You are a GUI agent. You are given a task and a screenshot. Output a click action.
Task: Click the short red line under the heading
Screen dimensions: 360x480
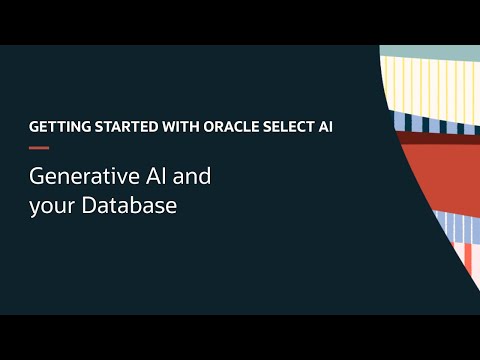pyautogui.click(x=39, y=147)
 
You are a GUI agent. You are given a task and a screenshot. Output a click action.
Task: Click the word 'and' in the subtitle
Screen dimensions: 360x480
pyautogui.click(x=193, y=177)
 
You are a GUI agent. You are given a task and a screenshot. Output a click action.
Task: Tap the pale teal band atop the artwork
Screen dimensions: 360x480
pyautogui.click(x=430, y=51)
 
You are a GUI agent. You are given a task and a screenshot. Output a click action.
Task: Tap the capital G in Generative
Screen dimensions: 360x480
pyautogui.click(x=37, y=177)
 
